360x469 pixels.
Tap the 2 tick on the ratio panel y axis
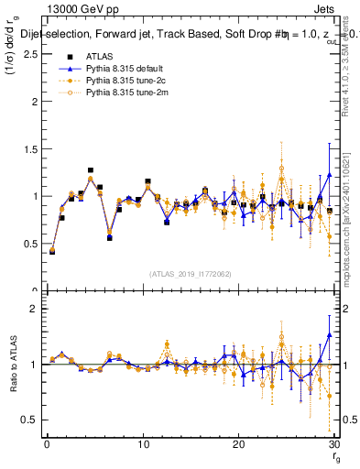click(32, 309)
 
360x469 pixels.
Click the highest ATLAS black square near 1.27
click(91, 170)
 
